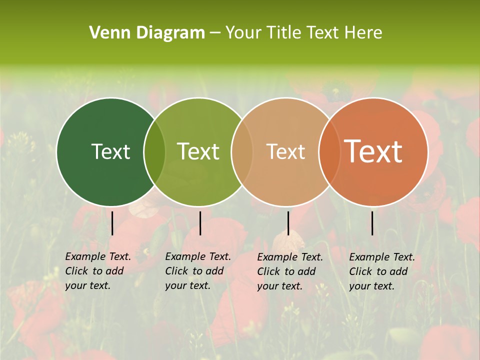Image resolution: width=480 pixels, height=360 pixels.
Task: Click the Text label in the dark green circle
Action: (x=110, y=151)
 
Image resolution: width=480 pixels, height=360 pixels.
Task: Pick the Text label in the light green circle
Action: (x=198, y=151)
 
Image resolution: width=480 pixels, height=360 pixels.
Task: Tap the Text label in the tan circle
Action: (x=285, y=151)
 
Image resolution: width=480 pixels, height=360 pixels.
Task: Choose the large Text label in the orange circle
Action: (x=373, y=151)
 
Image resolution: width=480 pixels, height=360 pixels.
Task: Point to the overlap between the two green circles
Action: (x=154, y=152)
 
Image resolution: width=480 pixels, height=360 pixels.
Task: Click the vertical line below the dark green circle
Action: (x=112, y=223)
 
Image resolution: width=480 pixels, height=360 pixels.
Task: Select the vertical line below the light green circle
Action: (x=200, y=223)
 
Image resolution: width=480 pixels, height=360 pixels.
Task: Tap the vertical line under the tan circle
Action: (x=288, y=223)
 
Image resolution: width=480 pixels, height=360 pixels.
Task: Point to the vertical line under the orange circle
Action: (x=372, y=223)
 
